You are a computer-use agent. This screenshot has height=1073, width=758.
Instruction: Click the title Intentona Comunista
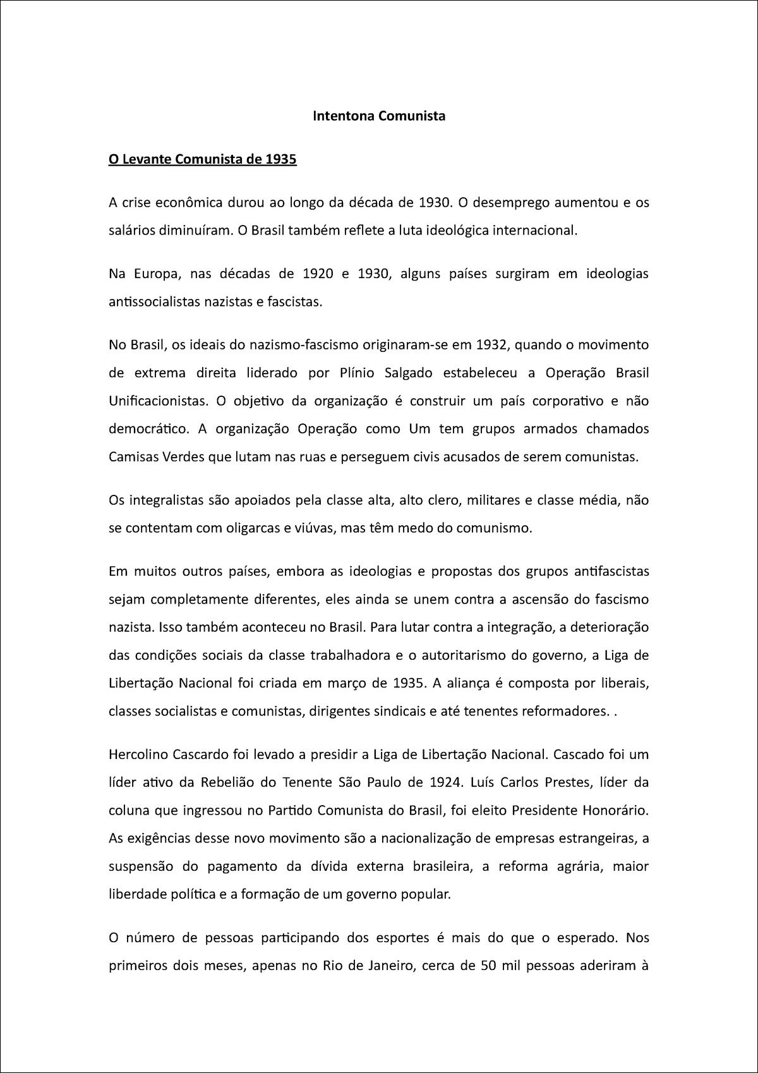pos(379,116)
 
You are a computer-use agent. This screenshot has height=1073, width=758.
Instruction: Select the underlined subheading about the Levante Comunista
pos(202,159)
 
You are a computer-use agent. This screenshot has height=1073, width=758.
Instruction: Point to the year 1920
pos(318,274)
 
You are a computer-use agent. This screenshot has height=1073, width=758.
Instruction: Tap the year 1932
pos(491,345)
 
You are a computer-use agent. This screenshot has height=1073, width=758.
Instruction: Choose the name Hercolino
pos(136,755)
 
